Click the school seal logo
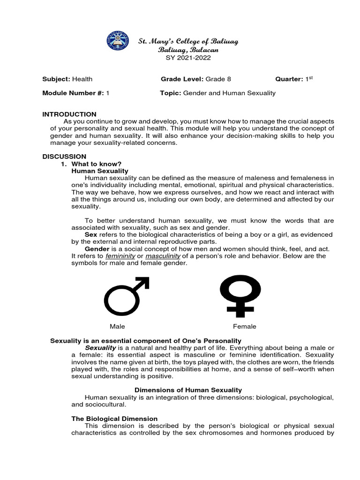pos(120,44)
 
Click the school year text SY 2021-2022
pos(188,58)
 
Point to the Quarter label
pos(289,79)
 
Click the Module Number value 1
pos(107,93)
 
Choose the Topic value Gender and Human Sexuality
pos(229,93)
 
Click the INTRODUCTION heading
pos(69,114)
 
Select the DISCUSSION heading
pos(64,156)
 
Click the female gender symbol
pos(240,294)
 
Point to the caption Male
pos(117,326)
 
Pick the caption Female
pos(245,326)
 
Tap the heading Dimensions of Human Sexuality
pos(188,390)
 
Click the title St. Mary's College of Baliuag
pos(188,41)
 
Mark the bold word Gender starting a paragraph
pos(97,248)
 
